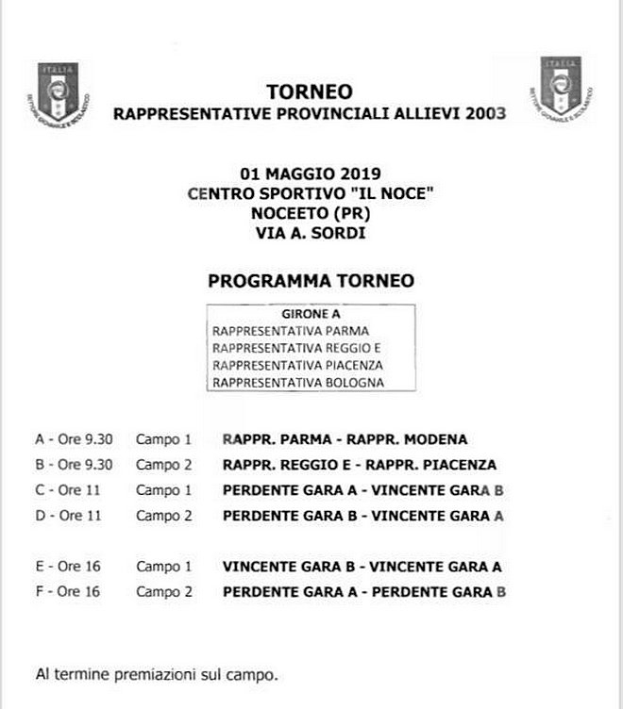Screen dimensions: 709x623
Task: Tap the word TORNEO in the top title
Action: (310, 92)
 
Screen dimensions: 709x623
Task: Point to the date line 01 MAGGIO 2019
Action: (310, 173)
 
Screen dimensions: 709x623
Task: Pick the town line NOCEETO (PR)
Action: (310, 211)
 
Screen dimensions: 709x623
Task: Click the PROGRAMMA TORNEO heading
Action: (310, 281)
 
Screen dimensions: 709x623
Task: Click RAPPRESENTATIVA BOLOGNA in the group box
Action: (298, 383)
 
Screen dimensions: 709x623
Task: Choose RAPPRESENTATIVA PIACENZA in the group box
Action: (298, 365)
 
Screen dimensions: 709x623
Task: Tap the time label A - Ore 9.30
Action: (74, 439)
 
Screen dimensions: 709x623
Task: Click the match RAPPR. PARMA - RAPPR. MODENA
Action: (345, 439)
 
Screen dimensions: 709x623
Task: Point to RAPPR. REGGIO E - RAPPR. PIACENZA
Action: (360, 465)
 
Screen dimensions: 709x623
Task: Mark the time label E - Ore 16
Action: (68, 567)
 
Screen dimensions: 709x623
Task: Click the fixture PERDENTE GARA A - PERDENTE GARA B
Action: (364, 592)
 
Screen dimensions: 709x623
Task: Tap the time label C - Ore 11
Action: (68, 490)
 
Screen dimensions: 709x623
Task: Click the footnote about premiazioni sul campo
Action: (156, 675)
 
